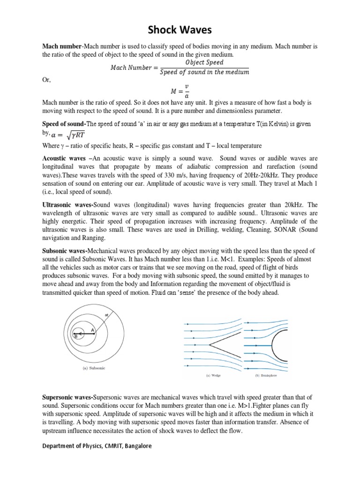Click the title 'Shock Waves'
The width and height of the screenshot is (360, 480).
click(180, 30)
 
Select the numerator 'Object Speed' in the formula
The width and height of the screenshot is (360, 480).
click(204, 62)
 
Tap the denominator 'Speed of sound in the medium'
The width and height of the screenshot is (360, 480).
click(204, 72)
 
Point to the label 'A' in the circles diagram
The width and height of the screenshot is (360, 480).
click(93, 330)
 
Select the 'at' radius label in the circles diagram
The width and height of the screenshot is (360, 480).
click(107, 315)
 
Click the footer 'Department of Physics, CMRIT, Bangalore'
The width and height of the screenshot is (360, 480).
click(97, 446)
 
